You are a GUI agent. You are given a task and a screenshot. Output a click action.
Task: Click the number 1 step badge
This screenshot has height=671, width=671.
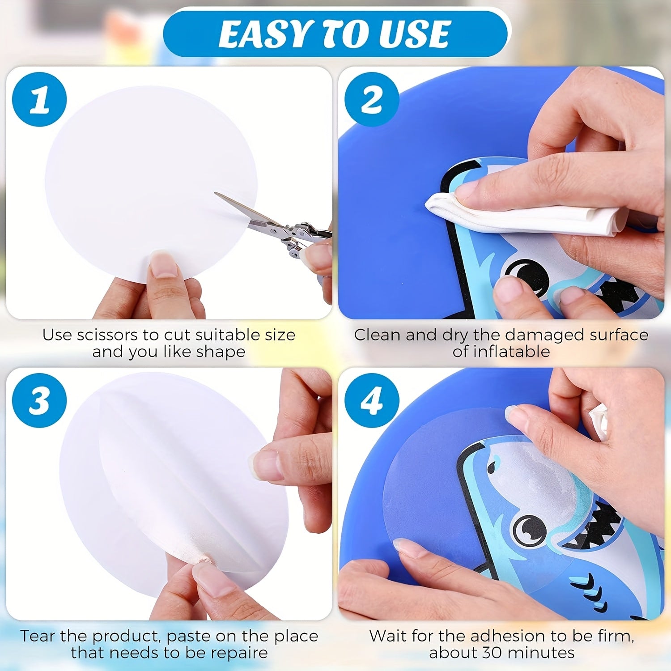pos(39,99)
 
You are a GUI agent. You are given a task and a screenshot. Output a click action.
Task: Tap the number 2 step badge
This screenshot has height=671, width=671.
pos(372,99)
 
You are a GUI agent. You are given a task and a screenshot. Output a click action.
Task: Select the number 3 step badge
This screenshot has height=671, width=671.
pos(39,400)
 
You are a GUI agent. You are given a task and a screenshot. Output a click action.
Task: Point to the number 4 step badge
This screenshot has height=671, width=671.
pos(372,400)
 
